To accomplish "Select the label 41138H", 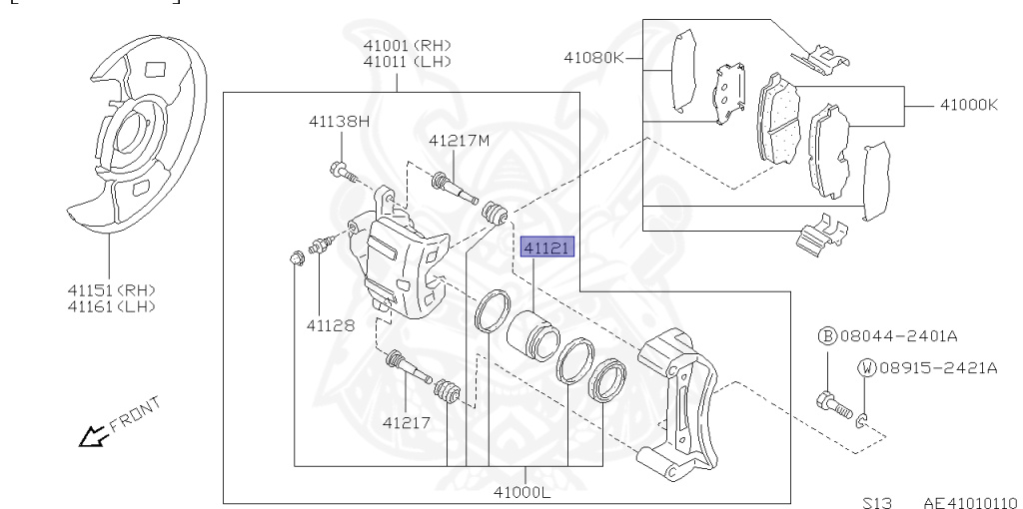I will (339, 122).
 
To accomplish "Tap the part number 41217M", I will (460, 140).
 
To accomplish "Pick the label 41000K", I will (968, 104).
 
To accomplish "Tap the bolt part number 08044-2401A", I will (920, 335).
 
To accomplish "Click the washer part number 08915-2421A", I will (938, 367).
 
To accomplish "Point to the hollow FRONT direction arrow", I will (94, 435).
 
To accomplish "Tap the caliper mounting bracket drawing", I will (680, 399).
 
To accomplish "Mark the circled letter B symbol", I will (826, 336).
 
